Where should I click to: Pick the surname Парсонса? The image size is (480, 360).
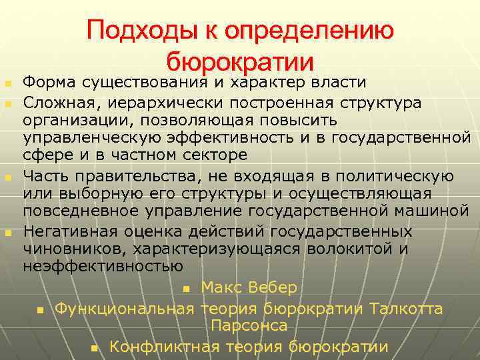249,325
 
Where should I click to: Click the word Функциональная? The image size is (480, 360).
124,309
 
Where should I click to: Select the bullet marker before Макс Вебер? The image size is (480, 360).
186,289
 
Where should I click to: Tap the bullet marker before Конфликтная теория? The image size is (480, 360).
95,348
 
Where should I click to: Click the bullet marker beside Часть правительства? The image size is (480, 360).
8,177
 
